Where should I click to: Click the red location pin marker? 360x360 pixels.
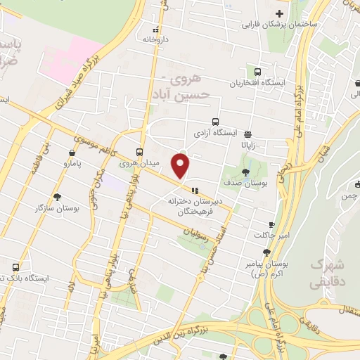(181, 167)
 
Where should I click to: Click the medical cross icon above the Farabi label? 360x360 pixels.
(280, 13)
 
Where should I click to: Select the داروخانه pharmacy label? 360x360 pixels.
(155, 40)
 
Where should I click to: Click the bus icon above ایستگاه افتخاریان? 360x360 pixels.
(258, 72)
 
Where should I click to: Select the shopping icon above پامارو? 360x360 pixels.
(72, 153)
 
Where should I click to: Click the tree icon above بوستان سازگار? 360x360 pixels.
(58, 198)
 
